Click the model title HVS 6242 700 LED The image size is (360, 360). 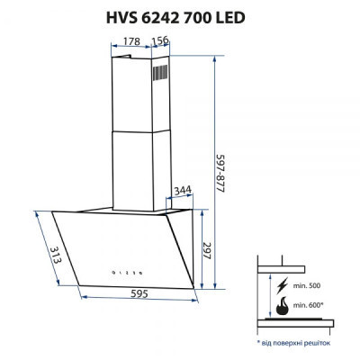click(x=179, y=16)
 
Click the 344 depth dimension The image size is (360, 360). click(x=183, y=190)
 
